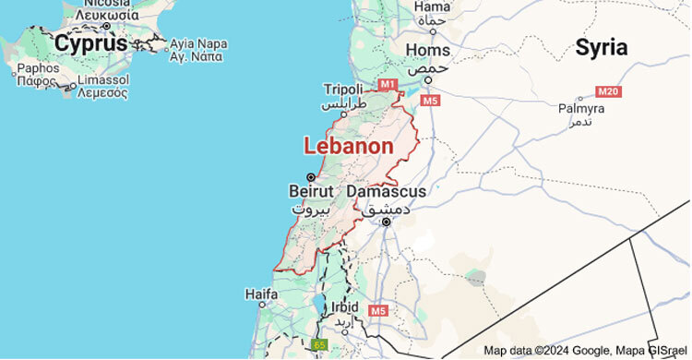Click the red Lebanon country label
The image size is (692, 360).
[x=349, y=147]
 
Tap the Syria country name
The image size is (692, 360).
[x=601, y=48]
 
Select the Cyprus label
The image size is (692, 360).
[x=90, y=42]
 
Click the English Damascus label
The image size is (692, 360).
[x=388, y=192]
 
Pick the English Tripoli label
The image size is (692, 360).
[x=343, y=89]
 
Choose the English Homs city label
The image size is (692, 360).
[x=428, y=51]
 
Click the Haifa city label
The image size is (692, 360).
[x=261, y=294]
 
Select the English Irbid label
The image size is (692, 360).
[x=345, y=306]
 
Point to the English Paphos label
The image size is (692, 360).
[x=38, y=67]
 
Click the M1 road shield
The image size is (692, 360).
[x=388, y=85]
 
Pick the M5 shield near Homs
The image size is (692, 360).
[x=430, y=100]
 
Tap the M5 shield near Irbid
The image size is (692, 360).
[x=376, y=311]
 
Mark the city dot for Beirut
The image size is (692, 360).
[x=311, y=176]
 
